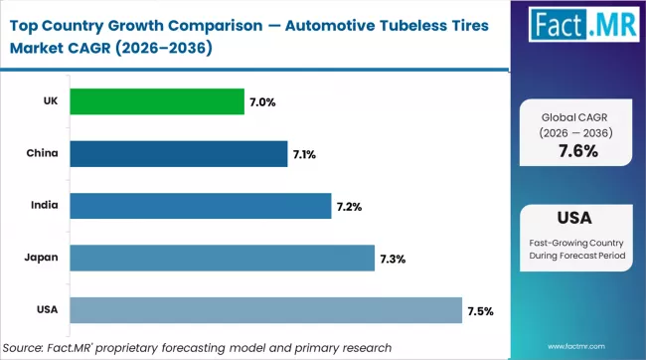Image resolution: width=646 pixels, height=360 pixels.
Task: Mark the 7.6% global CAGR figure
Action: pos(576,151)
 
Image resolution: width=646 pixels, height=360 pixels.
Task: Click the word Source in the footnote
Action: pos(31,347)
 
